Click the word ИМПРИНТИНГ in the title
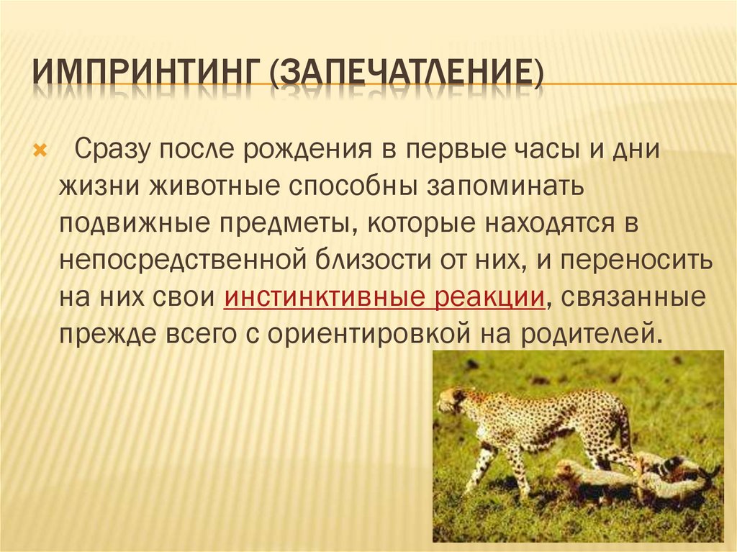coord(145,73)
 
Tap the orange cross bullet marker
coord(40,150)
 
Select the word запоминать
coord(505,186)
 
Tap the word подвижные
coord(134,224)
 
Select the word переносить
coord(636,260)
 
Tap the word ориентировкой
coord(369,335)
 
